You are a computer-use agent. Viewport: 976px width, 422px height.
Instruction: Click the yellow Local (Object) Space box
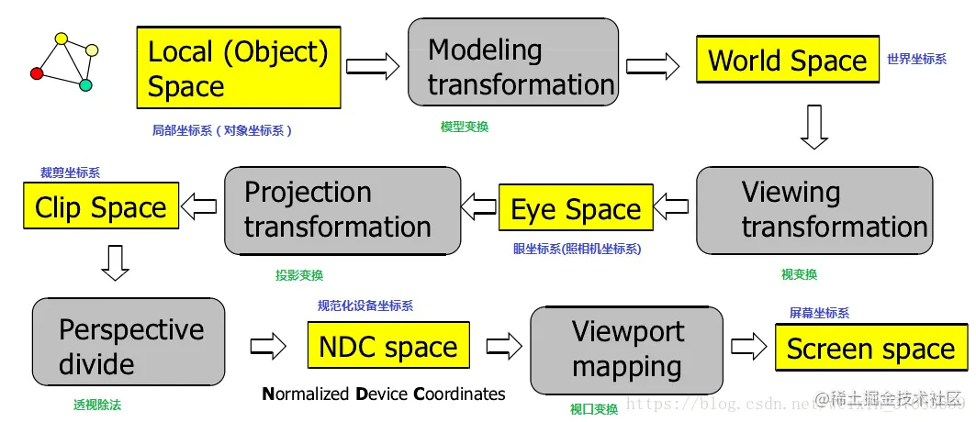click(239, 68)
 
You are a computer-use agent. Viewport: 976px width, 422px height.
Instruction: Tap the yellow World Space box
click(787, 61)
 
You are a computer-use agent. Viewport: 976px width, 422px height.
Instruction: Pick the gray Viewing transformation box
click(814, 209)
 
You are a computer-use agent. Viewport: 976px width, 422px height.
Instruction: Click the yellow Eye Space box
click(576, 209)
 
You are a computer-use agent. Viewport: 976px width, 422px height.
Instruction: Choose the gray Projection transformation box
click(342, 210)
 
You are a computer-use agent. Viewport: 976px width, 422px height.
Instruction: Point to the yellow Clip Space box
click(100, 207)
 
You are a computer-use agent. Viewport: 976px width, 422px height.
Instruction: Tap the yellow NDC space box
click(387, 347)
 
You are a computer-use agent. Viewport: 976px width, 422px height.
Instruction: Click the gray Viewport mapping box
click(628, 348)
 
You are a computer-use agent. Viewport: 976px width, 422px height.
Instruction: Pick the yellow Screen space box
click(870, 349)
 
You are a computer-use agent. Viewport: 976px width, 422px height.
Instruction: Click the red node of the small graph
click(37, 73)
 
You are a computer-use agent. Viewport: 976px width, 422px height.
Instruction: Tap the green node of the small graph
click(85, 85)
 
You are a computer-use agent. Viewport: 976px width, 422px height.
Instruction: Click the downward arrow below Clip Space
click(115, 261)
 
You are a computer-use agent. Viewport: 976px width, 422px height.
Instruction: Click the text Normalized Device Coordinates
click(384, 394)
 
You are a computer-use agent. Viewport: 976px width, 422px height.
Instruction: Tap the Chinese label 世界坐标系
click(916, 59)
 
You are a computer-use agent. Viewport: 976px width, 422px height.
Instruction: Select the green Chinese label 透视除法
click(97, 404)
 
